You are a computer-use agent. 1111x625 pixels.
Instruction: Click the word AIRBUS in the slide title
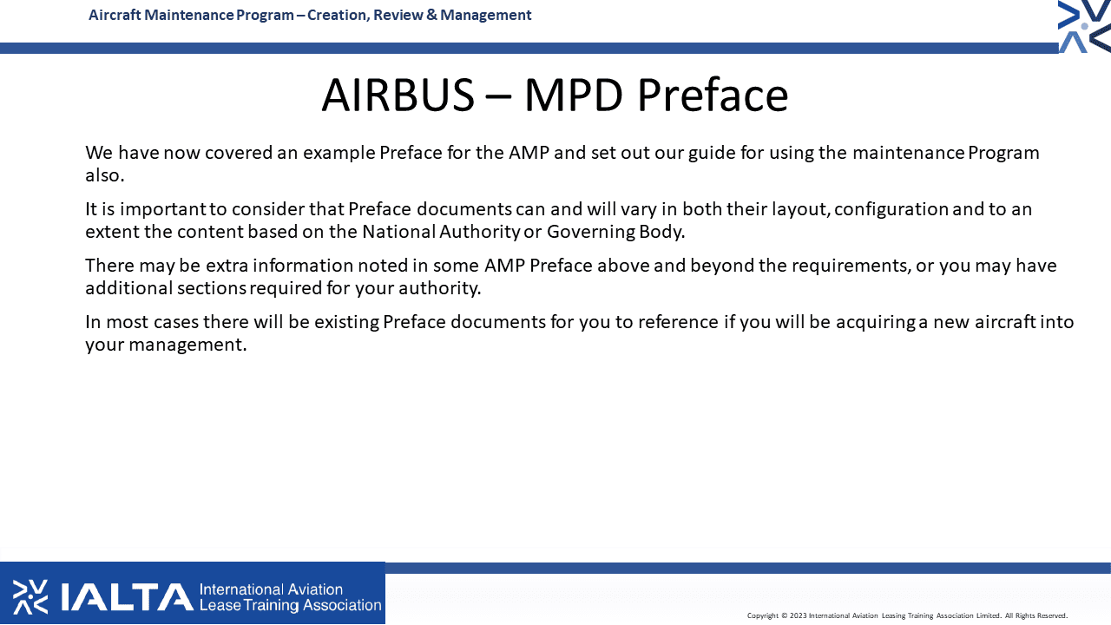398,95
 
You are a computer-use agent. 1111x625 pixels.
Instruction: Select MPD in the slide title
574,95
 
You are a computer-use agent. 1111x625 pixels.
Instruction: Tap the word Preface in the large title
713,95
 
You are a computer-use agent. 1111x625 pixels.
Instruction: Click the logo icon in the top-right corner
1084,26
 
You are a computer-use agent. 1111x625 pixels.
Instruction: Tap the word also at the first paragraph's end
105,175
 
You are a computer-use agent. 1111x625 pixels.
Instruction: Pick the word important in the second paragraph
162,210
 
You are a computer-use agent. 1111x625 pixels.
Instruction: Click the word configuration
891,210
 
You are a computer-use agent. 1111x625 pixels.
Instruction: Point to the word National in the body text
398,232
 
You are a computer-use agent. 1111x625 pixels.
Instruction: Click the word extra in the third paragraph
227,266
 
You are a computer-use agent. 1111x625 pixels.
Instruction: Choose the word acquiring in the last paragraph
876,323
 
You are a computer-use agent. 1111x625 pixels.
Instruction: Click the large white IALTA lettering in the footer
127,597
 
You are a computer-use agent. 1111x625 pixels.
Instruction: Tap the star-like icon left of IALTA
30,596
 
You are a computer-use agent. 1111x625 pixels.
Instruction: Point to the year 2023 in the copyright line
798,615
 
